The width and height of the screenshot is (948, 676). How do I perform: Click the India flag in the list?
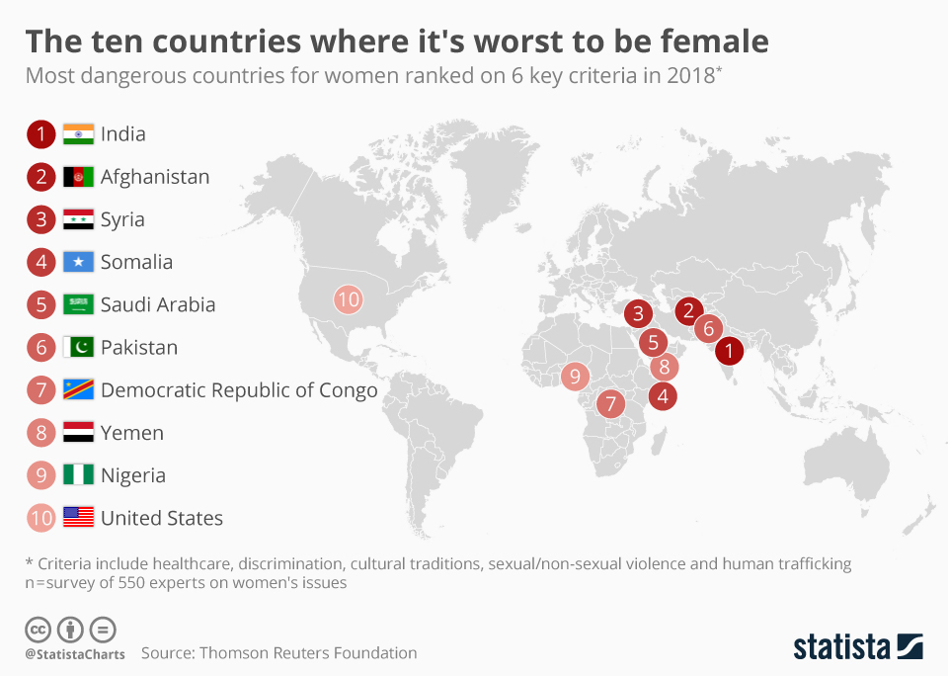tap(78, 134)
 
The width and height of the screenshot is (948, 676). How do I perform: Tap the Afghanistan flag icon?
tap(78, 177)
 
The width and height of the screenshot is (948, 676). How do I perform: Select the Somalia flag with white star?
tap(78, 262)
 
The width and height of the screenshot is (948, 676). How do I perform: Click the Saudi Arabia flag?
tap(78, 304)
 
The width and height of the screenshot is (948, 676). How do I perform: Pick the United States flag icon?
tap(78, 517)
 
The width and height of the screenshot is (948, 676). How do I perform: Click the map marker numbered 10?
tap(348, 298)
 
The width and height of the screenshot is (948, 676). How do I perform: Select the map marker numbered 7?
tap(610, 403)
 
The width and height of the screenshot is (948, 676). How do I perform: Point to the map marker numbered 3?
tap(638, 314)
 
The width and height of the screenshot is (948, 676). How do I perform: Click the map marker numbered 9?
tap(575, 376)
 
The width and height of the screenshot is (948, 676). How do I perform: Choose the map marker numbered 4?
tap(663, 397)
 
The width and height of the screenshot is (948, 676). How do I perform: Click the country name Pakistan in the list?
tap(139, 348)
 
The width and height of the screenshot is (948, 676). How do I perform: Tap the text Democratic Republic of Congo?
tap(239, 390)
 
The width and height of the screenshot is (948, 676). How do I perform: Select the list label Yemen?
tap(132, 433)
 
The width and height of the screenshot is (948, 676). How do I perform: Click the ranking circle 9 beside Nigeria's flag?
tap(40, 475)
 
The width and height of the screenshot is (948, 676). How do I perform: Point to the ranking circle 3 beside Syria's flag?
tap(40, 219)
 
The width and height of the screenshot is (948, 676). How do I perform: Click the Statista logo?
tap(857, 647)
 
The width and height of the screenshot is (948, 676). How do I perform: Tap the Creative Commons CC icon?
tap(38, 629)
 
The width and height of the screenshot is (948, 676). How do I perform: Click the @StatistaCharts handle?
tap(75, 653)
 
